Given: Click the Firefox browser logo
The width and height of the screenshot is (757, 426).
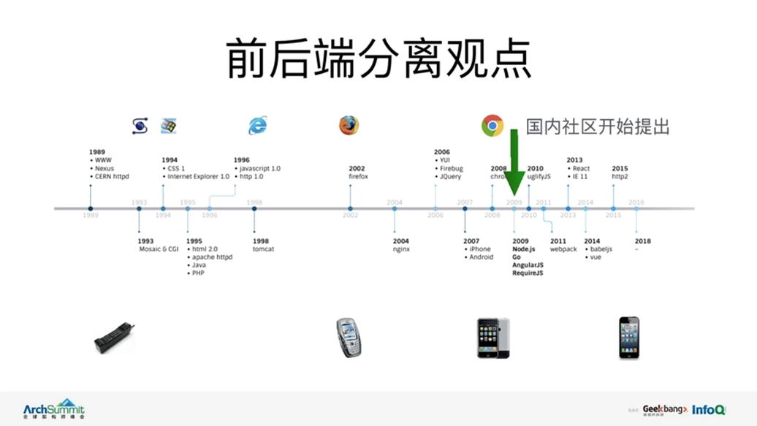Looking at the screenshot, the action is [349, 125].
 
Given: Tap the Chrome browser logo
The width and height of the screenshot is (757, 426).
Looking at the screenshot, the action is [492, 126].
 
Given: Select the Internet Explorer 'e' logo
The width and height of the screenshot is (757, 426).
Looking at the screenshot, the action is [257, 126].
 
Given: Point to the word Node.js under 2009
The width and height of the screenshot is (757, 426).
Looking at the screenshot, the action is [524, 249].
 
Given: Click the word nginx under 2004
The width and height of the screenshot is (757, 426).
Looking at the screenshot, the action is [401, 249].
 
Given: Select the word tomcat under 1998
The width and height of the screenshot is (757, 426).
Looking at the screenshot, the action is [263, 249].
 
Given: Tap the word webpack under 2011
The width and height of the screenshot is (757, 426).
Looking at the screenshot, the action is [563, 249].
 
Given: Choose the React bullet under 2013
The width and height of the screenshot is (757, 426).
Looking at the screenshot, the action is [581, 169].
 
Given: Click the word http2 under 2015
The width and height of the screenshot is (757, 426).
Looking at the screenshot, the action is [620, 177].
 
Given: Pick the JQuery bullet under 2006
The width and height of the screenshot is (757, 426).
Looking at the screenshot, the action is [450, 177].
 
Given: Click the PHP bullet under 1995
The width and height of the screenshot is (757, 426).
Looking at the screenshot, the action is [199, 273].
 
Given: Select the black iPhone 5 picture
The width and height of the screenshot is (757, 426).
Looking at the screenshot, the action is [628, 338].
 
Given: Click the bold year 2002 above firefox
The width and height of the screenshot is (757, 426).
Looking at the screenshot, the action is [357, 169].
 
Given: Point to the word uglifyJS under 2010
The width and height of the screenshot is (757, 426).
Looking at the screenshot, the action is [539, 177].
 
